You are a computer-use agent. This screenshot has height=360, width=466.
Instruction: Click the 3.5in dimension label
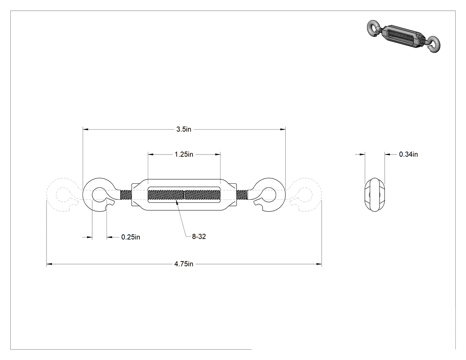click(184, 129)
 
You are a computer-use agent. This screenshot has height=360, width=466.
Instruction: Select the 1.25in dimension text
click(184, 154)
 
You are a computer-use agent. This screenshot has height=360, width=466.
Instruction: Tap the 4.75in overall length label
click(184, 264)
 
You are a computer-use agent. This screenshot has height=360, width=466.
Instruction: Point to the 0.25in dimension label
click(130, 237)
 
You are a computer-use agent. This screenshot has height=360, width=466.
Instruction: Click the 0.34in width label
click(408, 154)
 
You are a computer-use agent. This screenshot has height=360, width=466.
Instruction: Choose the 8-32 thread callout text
click(199, 237)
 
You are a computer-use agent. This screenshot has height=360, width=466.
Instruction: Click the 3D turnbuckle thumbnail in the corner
click(404, 36)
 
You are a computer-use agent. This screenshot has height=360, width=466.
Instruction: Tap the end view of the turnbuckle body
click(375, 195)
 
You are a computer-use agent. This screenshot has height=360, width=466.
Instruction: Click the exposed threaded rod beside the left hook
click(126, 195)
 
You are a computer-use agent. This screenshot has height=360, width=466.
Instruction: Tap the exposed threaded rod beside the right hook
click(242, 195)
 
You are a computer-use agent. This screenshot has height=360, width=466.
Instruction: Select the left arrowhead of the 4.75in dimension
click(49, 264)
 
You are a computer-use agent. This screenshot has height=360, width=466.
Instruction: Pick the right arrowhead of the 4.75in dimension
click(319, 264)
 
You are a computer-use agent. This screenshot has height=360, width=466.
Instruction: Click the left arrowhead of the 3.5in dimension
click(86, 129)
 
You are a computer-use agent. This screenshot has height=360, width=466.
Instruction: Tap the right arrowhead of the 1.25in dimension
click(217, 154)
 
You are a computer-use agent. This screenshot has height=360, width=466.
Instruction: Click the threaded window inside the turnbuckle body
click(184, 195)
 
